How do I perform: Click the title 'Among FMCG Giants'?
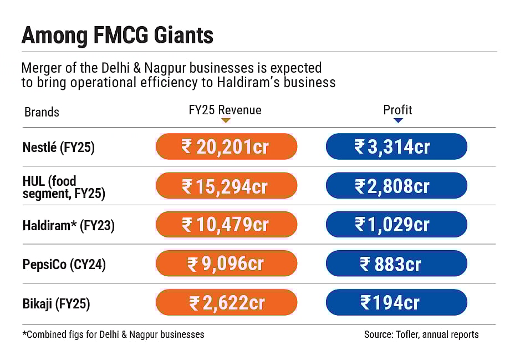pyautogui.click(x=117, y=36)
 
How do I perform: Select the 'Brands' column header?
pyautogui.click(x=42, y=112)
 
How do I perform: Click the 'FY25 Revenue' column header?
pyautogui.click(x=225, y=110)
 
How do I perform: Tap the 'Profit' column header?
pyautogui.click(x=397, y=110)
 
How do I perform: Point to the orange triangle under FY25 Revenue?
pyautogui.click(x=225, y=120)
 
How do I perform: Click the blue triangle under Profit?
pyautogui.click(x=398, y=120)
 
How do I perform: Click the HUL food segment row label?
pyautogui.click(x=63, y=187)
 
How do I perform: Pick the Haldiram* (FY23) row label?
pyautogui.click(x=68, y=226)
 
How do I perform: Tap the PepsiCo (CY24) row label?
pyautogui.click(x=64, y=265)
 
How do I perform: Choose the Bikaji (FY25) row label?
pyautogui.click(x=56, y=303)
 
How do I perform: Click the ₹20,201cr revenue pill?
pyautogui.click(x=226, y=147)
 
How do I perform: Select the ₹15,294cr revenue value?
pyautogui.click(x=226, y=186)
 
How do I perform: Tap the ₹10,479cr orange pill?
pyautogui.click(x=226, y=225)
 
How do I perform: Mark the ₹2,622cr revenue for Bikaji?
pyautogui.click(x=226, y=303)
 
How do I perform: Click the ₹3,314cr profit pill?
pyautogui.click(x=396, y=147)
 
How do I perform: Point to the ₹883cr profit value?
pyautogui.click(x=396, y=264)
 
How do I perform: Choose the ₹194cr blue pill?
pyautogui.click(x=396, y=303)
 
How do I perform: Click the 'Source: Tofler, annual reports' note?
pyautogui.click(x=421, y=334)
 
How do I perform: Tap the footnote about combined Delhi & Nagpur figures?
pyautogui.click(x=113, y=334)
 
